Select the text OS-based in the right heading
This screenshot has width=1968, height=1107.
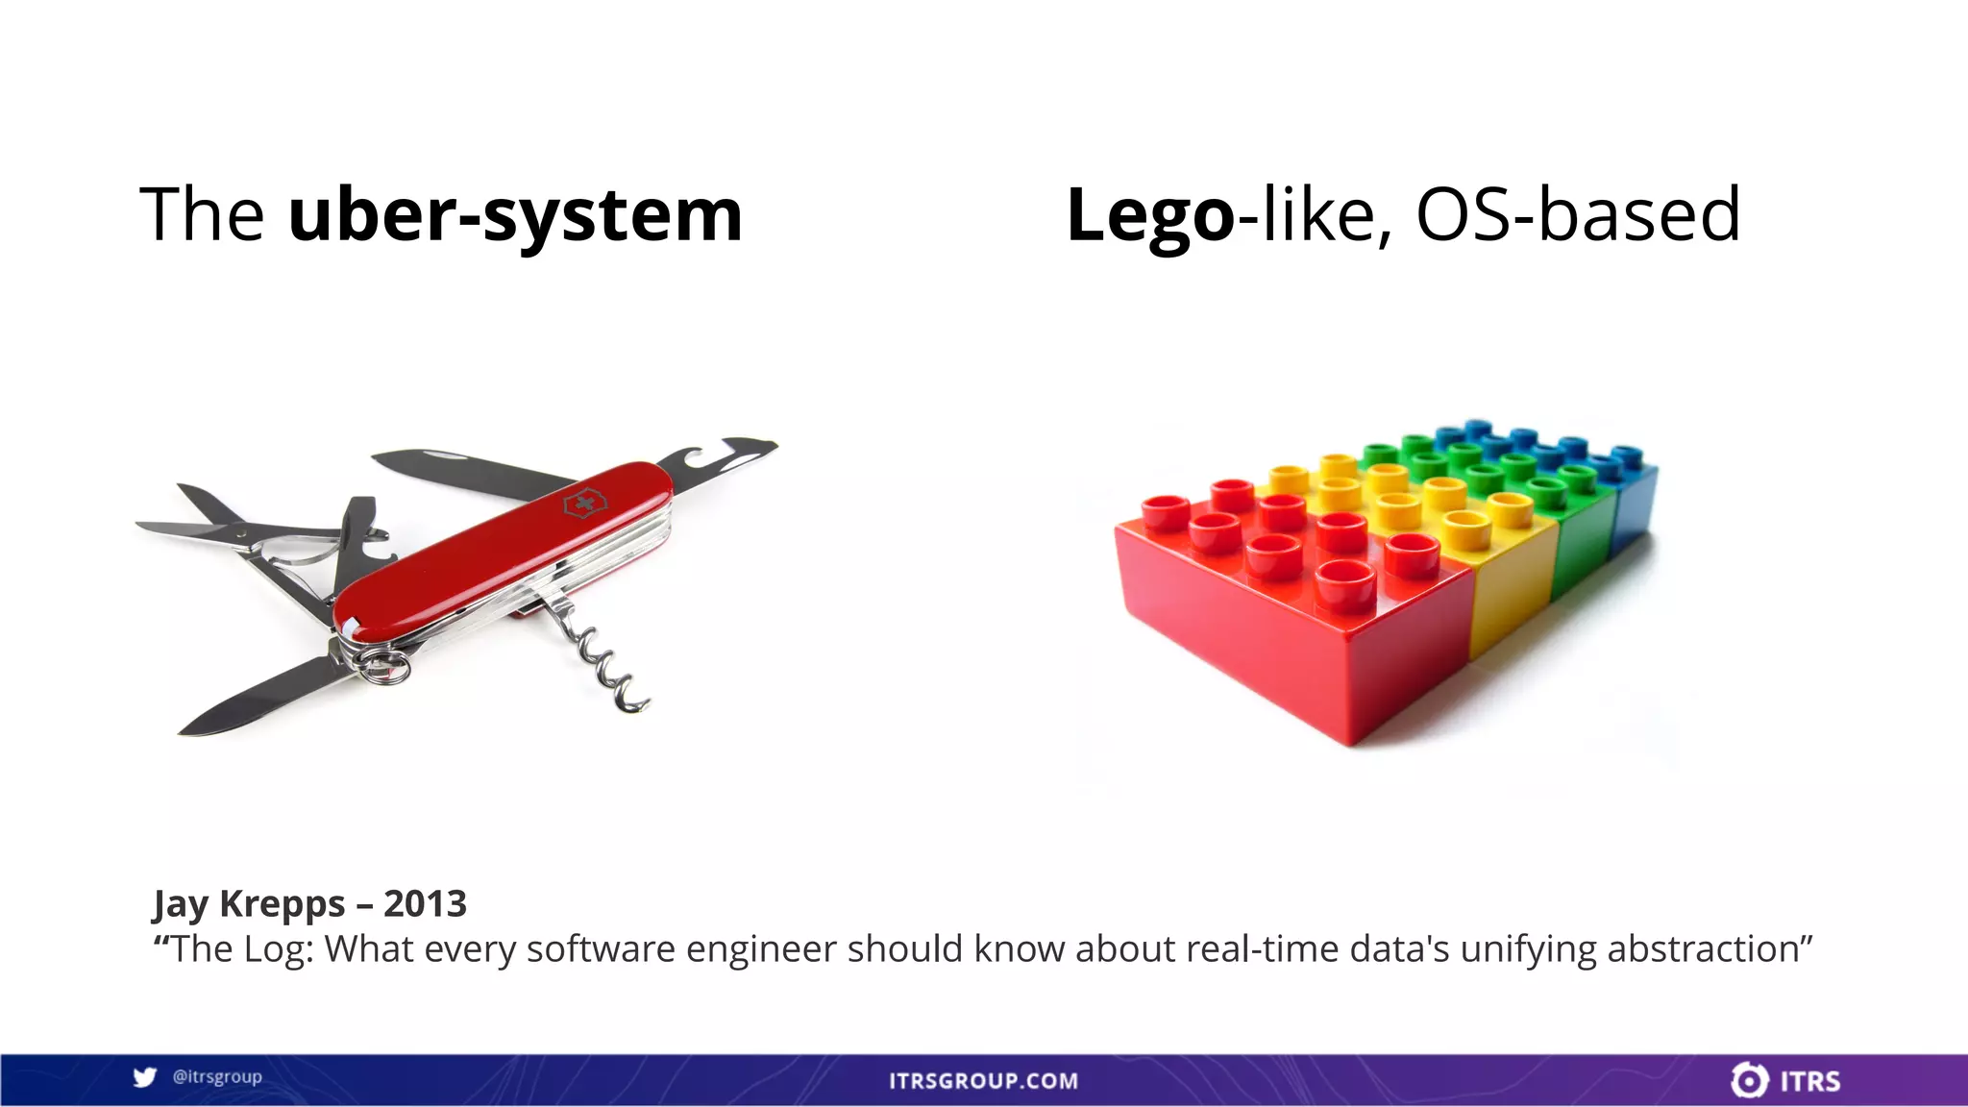pyautogui.click(x=1578, y=214)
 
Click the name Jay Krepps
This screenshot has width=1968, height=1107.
pyautogui.click(x=249, y=904)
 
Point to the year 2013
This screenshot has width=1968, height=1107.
pyautogui.click(x=425, y=904)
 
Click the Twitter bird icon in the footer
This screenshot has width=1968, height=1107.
pyautogui.click(x=145, y=1077)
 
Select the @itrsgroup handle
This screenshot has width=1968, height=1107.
pyautogui.click(x=217, y=1077)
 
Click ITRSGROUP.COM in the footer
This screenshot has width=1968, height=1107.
pyautogui.click(x=983, y=1081)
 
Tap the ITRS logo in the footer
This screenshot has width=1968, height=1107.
pyautogui.click(x=1785, y=1080)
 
